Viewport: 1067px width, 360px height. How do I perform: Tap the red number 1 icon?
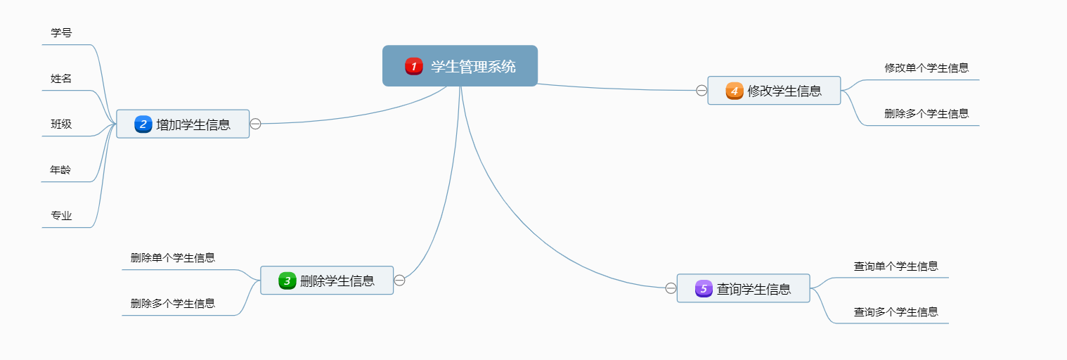(413, 67)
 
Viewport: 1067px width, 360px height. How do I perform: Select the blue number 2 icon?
(143, 124)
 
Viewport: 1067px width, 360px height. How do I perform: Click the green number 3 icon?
(287, 281)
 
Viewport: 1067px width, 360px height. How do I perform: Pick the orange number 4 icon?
(735, 91)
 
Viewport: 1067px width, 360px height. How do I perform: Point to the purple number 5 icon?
(704, 288)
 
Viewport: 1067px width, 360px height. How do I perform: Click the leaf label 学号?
(61, 33)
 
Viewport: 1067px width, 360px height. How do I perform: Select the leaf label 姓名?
(61, 79)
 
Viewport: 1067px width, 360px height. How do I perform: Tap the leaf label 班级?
(61, 124)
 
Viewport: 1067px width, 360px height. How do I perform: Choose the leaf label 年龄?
(60, 170)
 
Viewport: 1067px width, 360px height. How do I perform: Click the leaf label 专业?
(61, 216)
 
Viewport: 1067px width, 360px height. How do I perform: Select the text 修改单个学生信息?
(926, 68)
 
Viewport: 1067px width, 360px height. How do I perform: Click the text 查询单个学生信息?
(895, 266)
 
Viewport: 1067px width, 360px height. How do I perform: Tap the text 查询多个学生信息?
(895, 312)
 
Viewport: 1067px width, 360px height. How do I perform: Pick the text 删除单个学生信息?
(173, 258)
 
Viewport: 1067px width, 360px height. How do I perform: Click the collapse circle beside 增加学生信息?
(256, 124)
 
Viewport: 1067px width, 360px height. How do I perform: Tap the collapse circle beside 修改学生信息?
(701, 90)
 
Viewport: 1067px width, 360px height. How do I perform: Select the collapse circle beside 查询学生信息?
(671, 288)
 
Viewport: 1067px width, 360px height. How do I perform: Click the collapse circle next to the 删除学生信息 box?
(400, 281)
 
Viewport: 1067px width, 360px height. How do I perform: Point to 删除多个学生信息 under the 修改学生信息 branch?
(926, 114)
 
